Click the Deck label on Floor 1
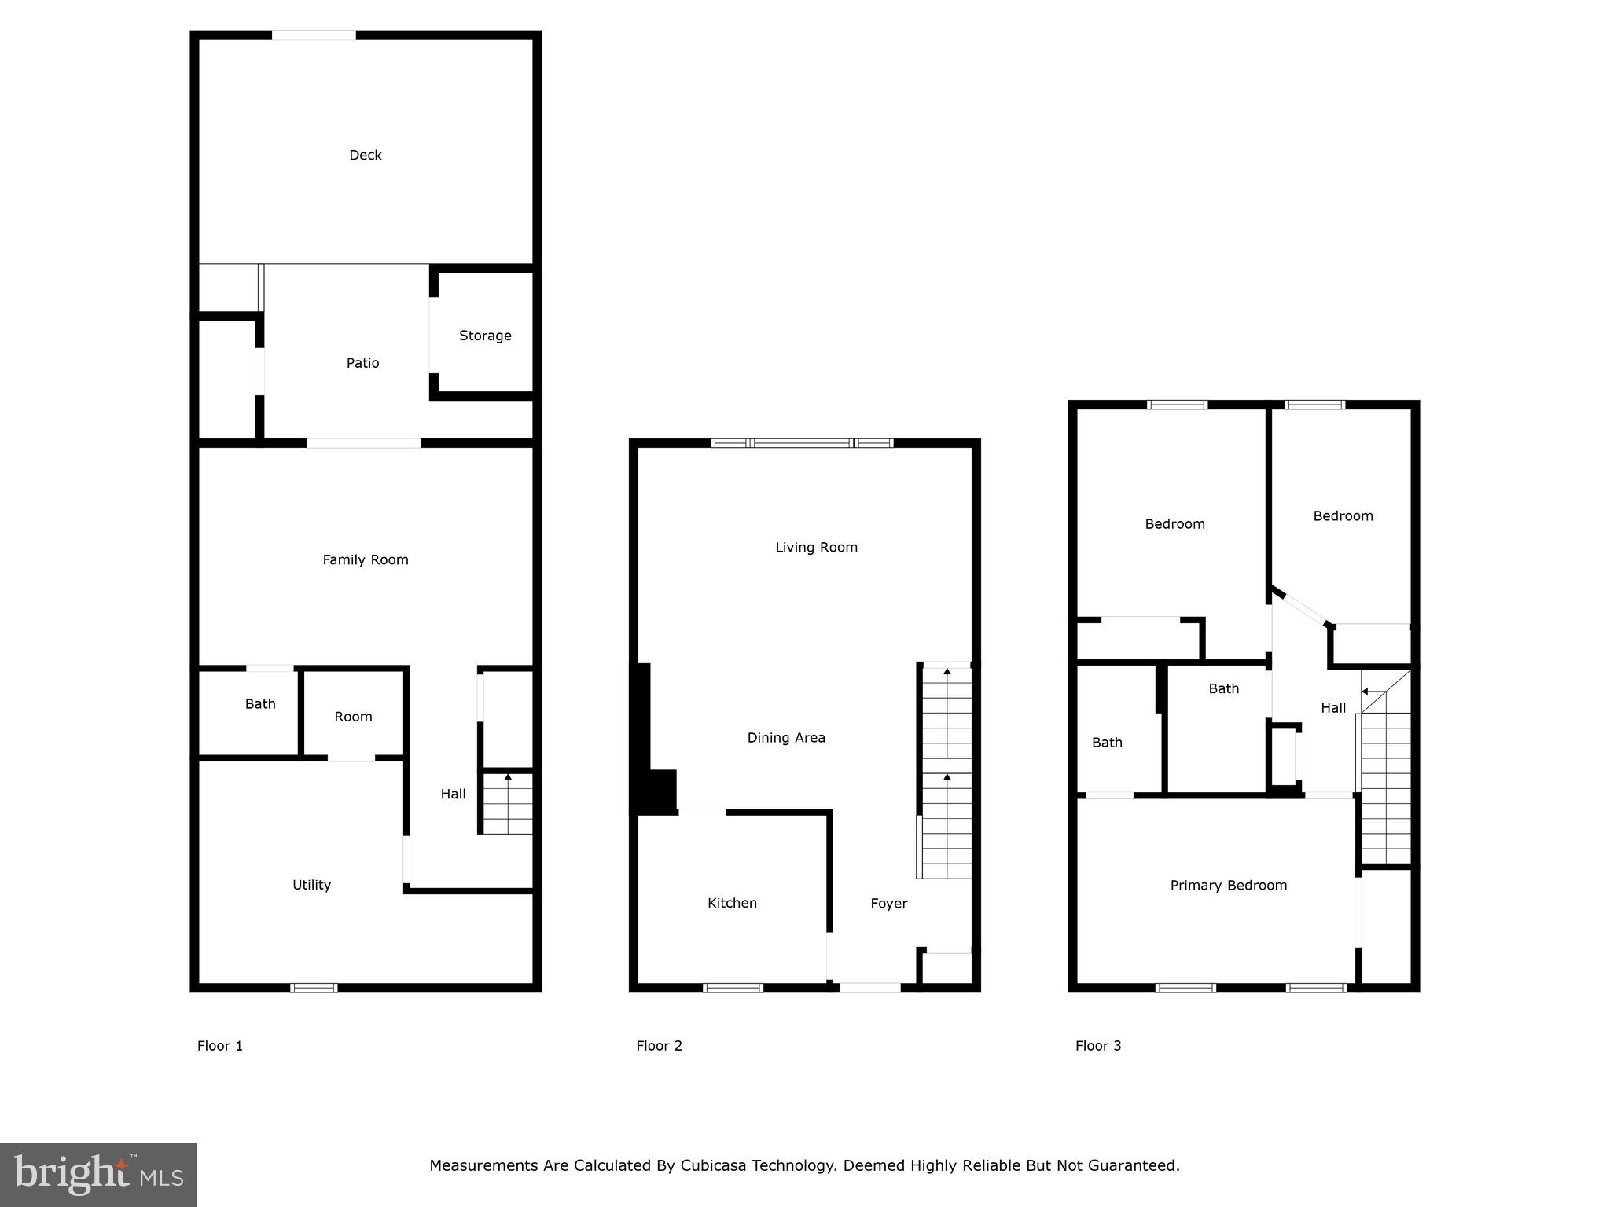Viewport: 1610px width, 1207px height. [x=366, y=156]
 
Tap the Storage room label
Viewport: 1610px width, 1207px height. [x=485, y=336]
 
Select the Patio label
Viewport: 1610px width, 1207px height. [x=362, y=363]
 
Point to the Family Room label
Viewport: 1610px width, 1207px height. [x=366, y=560]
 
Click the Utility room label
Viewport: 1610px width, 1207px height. [x=311, y=885]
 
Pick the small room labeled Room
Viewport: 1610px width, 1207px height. [x=353, y=717]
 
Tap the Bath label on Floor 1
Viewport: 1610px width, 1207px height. [x=260, y=704]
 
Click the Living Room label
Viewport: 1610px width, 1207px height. [x=816, y=548]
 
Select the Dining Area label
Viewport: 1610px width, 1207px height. [x=786, y=738]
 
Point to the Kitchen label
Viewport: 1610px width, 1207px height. [x=732, y=904]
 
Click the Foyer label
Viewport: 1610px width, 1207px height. [x=888, y=904]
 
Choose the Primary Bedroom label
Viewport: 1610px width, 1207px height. [x=1228, y=886]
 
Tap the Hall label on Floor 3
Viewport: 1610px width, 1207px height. [x=1333, y=708]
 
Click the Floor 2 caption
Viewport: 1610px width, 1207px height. [x=659, y=1046]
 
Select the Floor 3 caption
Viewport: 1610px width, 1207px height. [x=1098, y=1046]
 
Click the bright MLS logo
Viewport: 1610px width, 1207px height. [x=98, y=1174]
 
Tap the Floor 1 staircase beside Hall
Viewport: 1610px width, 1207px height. [x=507, y=803]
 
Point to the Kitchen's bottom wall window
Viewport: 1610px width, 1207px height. [x=733, y=988]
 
